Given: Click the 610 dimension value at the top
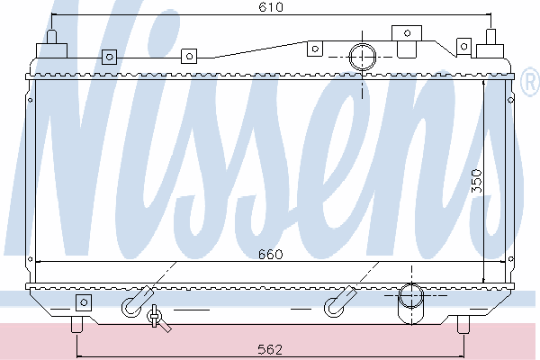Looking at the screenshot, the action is pos(271,7).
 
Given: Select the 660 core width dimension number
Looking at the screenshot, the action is pos(271,254).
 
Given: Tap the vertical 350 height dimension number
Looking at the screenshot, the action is pos(477,181).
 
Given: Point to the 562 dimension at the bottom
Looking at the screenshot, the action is pos(270,350).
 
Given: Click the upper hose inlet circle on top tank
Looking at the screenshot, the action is pos(363,57).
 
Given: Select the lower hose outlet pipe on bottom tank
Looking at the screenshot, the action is pos(411,303).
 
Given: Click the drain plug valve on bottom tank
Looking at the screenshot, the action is pos(157,319).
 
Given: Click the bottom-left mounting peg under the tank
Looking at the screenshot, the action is pos(77,325).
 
